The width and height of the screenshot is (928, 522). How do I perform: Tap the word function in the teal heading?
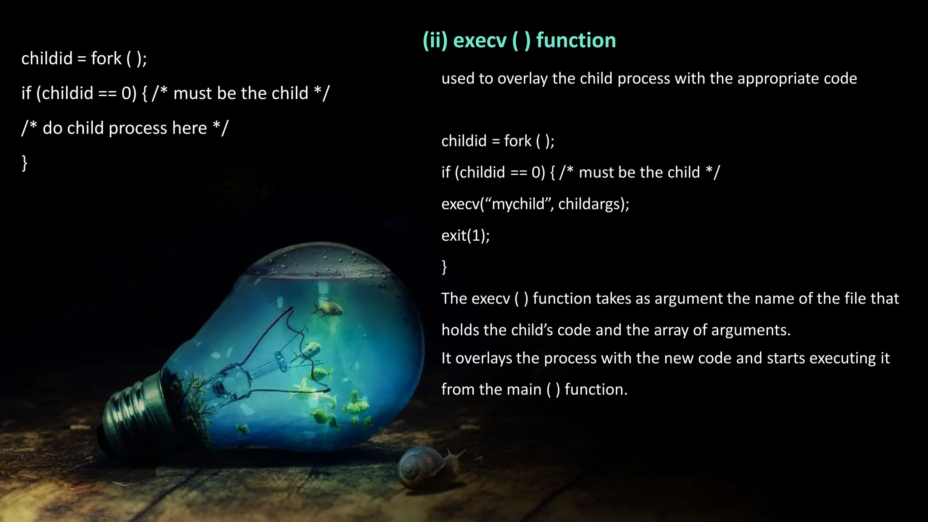576,40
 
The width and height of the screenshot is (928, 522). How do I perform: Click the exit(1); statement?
465,235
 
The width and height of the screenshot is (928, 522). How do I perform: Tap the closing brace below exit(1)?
444,266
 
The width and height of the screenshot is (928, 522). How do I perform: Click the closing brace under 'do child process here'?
24,162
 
